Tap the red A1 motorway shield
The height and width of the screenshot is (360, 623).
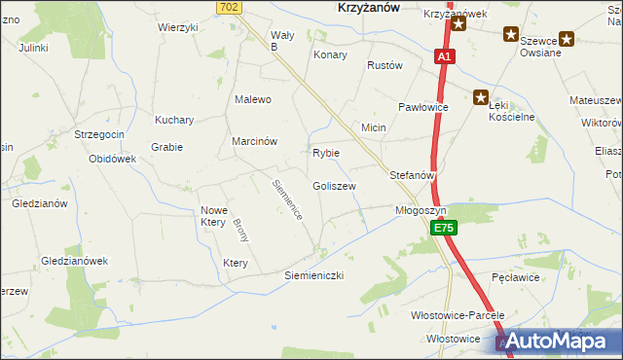444,58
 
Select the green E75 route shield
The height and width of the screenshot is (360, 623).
444,228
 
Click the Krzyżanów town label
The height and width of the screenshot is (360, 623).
355,7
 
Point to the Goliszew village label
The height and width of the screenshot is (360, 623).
334,186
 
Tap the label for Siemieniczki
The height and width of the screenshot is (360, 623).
314,275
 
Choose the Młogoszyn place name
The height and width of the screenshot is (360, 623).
421,210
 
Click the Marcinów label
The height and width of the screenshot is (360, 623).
256,141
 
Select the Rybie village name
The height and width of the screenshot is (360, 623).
325,153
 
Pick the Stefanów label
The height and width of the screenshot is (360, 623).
411,175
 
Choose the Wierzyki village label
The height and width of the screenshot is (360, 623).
178,27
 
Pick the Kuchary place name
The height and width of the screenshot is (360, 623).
174,121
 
